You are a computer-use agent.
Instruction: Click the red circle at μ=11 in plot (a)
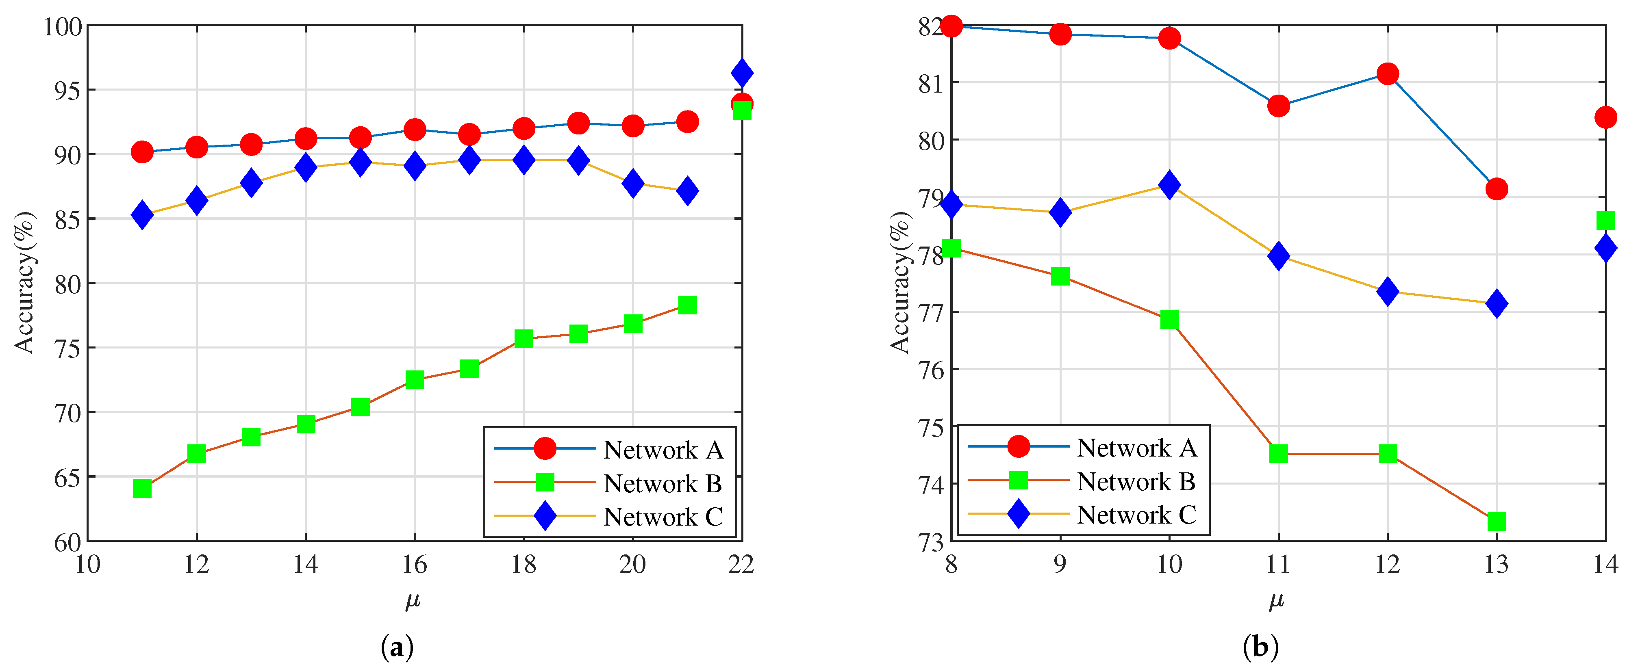tap(142, 152)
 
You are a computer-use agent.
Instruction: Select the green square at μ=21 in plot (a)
tap(687, 305)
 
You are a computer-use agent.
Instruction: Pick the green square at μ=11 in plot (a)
tap(142, 489)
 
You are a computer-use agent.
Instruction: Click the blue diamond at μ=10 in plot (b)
tap(1169, 185)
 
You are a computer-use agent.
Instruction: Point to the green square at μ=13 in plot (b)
tap(1496, 522)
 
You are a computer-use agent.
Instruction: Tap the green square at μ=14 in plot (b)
tap(1605, 220)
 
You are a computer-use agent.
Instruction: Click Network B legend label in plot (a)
tap(663, 483)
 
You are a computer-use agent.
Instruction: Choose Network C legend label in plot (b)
tap(1136, 515)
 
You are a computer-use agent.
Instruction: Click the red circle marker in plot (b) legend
tap(1018, 446)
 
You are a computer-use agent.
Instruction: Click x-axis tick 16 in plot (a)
tap(414, 564)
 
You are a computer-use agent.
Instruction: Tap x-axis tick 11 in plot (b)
tap(1278, 564)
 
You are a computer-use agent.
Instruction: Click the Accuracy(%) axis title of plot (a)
tap(25, 282)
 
